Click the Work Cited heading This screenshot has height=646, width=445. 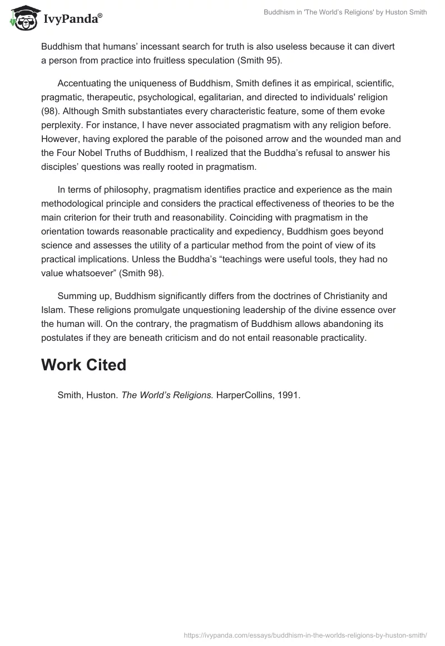tap(83, 365)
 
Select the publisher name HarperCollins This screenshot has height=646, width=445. tap(244, 395)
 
